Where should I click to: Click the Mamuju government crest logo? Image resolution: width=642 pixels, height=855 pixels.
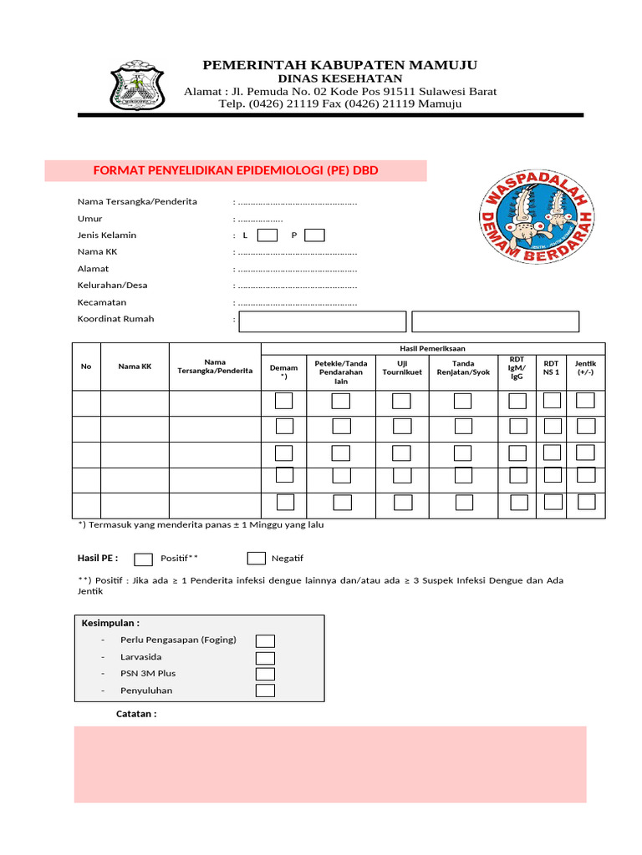(x=138, y=86)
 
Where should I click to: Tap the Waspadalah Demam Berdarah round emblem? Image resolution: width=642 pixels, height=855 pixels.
(x=536, y=216)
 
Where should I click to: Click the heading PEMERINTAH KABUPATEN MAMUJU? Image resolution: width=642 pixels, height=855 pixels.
(x=340, y=65)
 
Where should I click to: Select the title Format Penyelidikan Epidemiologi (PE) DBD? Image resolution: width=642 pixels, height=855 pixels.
(x=236, y=170)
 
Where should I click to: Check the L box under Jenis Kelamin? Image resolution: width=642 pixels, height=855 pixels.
(x=267, y=235)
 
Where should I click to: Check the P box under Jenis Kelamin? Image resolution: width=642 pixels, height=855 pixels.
(x=315, y=235)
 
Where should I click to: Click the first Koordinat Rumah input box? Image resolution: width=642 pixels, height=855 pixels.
(x=322, y=321)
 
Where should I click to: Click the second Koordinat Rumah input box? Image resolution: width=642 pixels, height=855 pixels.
(x=495, y=321)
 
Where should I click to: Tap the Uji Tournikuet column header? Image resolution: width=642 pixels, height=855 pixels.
(x=402, y=367)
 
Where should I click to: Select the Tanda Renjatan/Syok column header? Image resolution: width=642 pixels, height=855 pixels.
(x=463, y=367)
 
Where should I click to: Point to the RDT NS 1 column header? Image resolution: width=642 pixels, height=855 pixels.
(x=551, y=367)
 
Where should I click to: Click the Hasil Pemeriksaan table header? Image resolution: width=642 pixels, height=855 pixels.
(x=432, y=348)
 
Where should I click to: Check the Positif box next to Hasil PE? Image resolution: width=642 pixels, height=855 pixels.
(x=144, y=559)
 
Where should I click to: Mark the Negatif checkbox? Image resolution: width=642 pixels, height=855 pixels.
(x=257, y=559)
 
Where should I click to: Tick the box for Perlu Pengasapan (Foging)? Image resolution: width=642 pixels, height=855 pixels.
(x=265, y=640)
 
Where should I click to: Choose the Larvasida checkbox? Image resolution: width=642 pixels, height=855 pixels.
(x=265, y=657)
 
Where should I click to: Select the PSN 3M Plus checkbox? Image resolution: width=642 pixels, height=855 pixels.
(x=265, y=674)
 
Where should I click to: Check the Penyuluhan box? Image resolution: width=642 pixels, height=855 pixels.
(x=265, y=691)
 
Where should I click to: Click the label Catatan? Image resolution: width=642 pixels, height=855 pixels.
(x=136, y=714)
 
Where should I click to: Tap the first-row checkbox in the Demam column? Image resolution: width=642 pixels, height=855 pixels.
(x=284, y=401)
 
